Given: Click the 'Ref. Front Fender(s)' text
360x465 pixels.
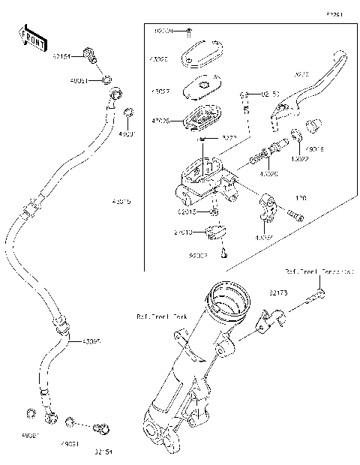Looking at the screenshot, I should coord(319,270).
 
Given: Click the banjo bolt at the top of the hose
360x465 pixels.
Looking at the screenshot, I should coord(91,54).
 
